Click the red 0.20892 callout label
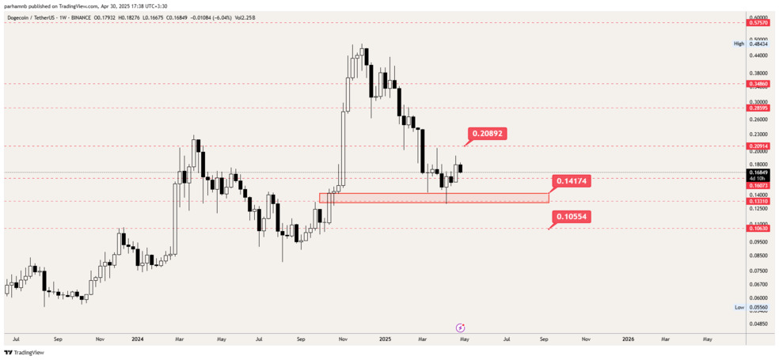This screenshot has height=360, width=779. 488,134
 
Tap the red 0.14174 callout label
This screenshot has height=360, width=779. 572,181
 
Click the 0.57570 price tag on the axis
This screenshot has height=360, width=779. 758,23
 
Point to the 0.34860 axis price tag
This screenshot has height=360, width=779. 758,83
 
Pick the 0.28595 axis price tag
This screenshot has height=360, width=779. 758,108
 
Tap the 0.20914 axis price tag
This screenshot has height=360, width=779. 758,146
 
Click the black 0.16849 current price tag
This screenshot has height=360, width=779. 758,172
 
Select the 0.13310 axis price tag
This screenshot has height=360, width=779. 758,202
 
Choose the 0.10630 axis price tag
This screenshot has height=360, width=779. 758,229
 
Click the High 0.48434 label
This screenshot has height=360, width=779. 751,44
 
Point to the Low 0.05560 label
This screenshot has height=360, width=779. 751,307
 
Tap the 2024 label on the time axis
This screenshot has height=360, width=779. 138,339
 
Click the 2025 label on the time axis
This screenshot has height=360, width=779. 386,339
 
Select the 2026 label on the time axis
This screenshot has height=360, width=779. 628,339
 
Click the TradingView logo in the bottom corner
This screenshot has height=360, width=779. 24,353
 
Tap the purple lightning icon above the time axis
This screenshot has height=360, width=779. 460,328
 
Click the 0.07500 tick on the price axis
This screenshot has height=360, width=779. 758,270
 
